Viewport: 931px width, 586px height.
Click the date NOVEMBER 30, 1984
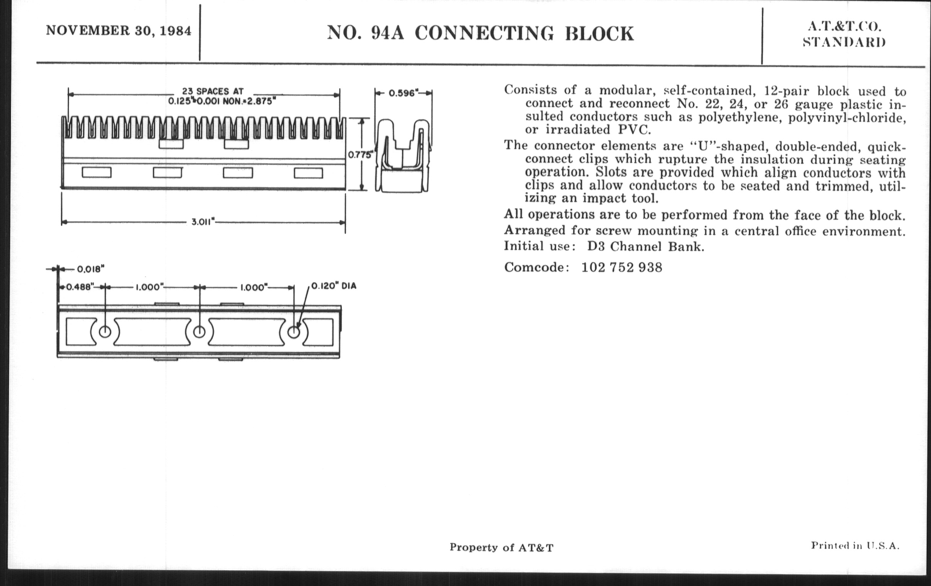coord(119,31)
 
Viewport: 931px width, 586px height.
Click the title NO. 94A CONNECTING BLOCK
coord(480,33)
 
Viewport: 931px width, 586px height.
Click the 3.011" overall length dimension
coord(203,222)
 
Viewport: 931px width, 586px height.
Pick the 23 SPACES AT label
coord(212,91)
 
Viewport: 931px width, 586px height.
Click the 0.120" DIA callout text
coord(334,286)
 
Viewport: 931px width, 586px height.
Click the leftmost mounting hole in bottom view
coord(105,332)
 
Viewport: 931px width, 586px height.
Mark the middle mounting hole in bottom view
coord(199,331)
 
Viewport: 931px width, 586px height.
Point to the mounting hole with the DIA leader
coord(294,332)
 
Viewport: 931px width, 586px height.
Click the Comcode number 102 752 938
coord(622,267)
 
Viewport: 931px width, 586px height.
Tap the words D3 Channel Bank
coord(646,246)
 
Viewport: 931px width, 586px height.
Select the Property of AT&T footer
coord(501,547)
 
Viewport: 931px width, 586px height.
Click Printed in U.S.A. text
coord(855,545)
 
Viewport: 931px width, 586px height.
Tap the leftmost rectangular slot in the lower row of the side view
coord(96,172)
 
